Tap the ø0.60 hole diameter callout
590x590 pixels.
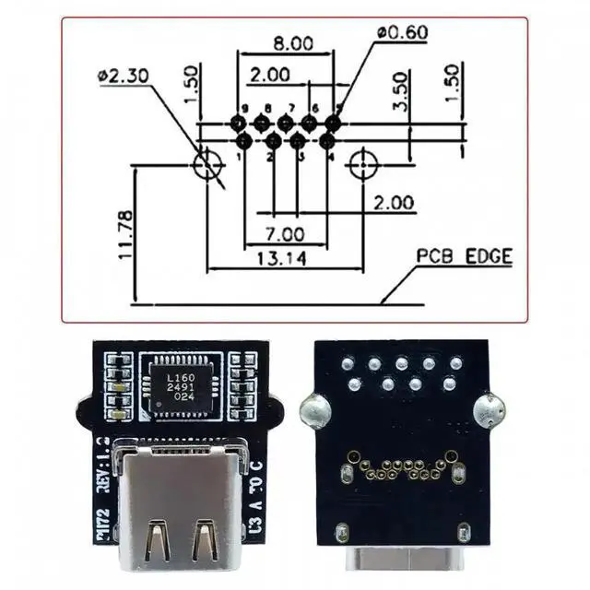[403, 32]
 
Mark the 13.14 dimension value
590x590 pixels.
[281, 259]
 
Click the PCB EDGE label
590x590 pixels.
[463, 256]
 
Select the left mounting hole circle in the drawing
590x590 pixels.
[206, 166]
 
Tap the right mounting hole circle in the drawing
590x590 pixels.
[363, 166]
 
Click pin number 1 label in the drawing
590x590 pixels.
[239, 156]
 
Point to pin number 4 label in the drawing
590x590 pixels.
[330, 156]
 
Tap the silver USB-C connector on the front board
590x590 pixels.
[181, 512]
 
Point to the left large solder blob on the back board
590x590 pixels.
[314, 408]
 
